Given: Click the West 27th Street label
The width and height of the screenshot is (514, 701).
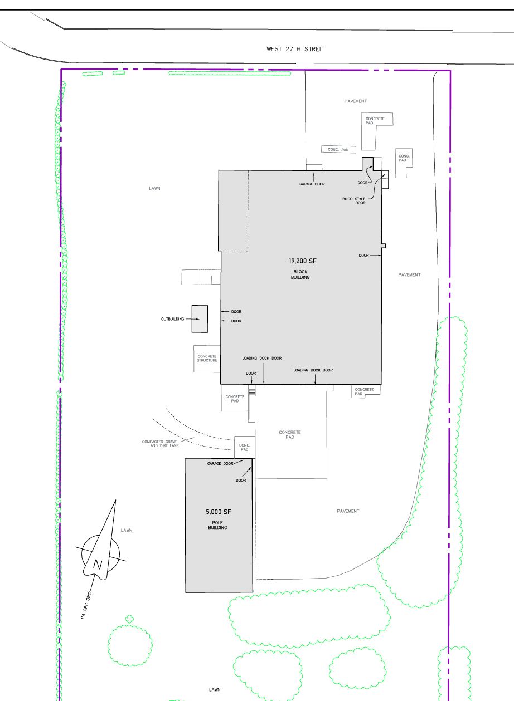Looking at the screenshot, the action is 294,49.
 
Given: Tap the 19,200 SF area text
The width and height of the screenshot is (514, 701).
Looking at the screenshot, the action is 303,261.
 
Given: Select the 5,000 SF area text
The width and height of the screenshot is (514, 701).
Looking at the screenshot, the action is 219,512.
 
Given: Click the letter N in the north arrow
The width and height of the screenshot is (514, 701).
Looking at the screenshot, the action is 98,565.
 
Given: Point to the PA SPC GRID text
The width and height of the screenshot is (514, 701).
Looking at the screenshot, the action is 86,605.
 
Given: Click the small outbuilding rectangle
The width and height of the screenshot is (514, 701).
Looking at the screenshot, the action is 200,319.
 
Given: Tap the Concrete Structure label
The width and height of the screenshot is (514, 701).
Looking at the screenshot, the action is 207,359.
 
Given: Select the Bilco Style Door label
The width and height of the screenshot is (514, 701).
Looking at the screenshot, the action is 354,201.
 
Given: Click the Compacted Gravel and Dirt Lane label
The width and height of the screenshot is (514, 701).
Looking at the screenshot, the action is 160,444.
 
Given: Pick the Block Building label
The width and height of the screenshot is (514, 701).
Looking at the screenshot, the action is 300,274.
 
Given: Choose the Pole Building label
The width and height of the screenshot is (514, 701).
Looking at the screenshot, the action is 217,525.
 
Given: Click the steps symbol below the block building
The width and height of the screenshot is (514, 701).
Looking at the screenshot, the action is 251,391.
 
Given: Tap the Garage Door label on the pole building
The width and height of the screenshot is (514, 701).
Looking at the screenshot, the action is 220,463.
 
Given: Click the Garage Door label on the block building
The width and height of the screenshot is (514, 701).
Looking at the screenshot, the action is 312,184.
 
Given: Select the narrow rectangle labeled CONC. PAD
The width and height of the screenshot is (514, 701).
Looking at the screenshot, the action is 339,149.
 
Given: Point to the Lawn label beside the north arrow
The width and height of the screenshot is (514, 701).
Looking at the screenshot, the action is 127,530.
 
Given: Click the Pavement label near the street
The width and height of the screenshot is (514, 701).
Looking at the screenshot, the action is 356,101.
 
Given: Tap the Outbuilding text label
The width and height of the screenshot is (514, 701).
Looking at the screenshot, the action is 172,319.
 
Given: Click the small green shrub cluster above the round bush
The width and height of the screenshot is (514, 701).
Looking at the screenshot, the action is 129,619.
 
